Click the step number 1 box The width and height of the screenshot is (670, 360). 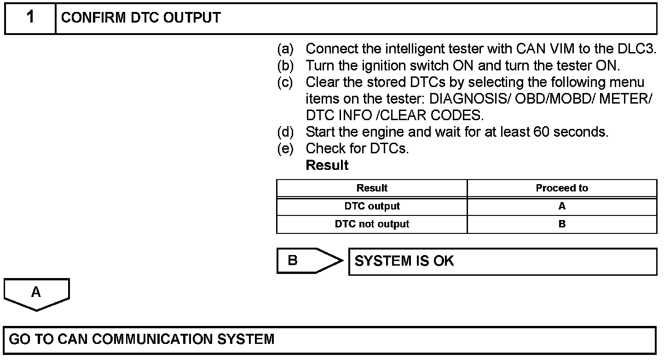point(30,18)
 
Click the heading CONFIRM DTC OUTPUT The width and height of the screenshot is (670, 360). point(141,18)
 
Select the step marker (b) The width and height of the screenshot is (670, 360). point(285,66)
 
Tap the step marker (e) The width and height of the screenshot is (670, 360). point(285,149)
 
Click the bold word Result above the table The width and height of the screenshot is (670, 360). point(327,165)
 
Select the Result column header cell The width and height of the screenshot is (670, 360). point(372,188)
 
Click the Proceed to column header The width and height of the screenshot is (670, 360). point(562,188)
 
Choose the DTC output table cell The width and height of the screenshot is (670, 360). point(372,206)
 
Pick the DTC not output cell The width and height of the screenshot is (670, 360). point(372,224)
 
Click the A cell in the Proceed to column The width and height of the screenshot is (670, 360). point(562,206)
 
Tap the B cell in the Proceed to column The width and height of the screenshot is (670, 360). point(562,224)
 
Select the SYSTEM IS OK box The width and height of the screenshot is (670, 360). point(502,261)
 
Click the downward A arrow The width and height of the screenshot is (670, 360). point(36,294)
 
